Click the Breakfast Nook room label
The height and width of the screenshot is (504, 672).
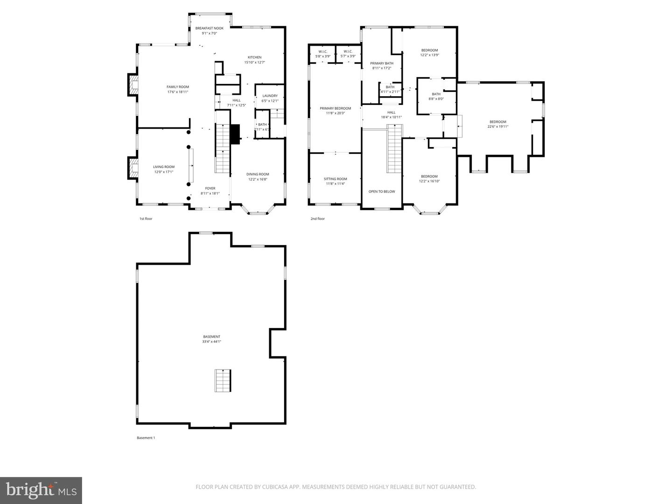tap(209, 28)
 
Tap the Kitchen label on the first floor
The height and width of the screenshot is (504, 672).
tap(254, 57)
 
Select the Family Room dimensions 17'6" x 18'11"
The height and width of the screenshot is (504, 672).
tap(178, 92)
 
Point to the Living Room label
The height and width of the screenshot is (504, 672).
tap(163, 167)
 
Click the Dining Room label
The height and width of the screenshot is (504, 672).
tap(258, 174)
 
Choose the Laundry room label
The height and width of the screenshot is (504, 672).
tap(270, 96)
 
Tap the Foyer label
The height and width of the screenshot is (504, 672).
tap(210, 188)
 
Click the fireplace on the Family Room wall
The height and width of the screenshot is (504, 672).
tap(133, 85)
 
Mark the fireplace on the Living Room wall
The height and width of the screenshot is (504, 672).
tap(133, 168)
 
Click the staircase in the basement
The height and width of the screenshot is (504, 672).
tap(223, 380)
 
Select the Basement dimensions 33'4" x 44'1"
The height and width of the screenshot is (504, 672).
tap(211, 342)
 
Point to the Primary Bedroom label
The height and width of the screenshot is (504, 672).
tap(335, 108)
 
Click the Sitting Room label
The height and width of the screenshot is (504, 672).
tap(335, 179)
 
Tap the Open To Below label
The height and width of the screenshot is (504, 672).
tap(382, 191)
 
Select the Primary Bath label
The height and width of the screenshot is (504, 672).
tap(381, 63)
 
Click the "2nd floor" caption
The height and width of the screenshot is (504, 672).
tap(317, 218)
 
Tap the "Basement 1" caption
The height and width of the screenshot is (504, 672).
tap(146, 438)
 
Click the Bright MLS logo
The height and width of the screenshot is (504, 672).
tap(41, 490)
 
